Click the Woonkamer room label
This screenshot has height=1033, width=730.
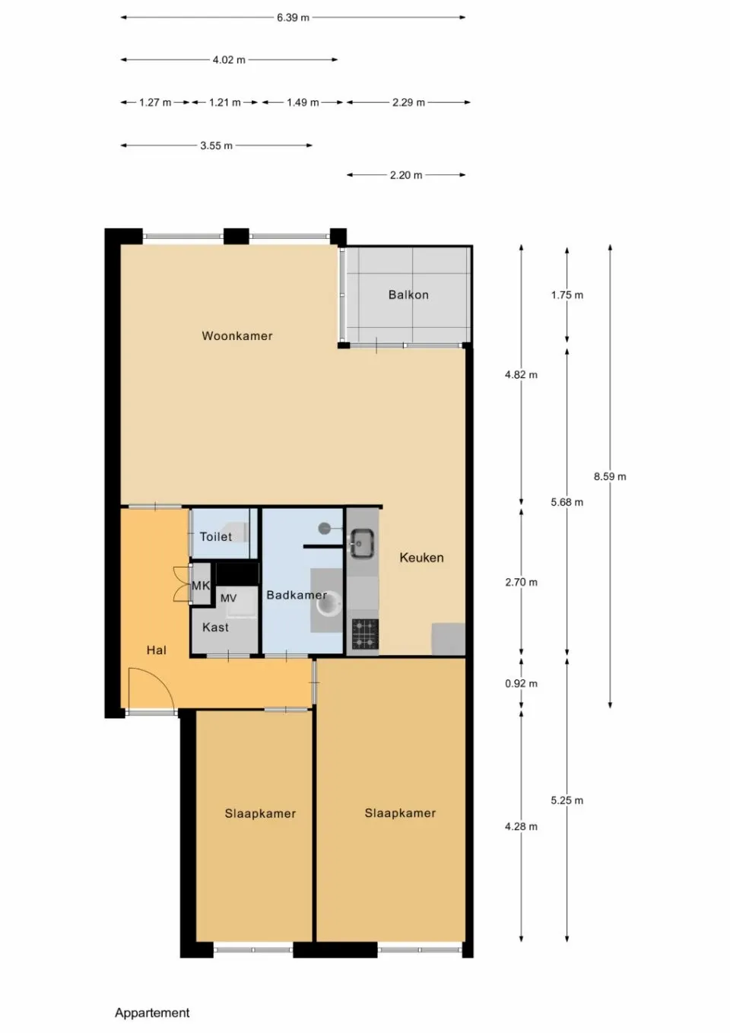[x=236, y=335]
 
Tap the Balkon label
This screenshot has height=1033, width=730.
[x=408, y=294]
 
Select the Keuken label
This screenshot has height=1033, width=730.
[x=421, y=558]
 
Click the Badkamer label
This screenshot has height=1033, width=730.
[x=296, y=595]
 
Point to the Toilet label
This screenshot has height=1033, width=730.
[x=216, y=536]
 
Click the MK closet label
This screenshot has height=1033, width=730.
[x=200, y=585]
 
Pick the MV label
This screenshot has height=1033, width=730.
[x=228, y=599]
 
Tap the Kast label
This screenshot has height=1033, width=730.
[x=215, y=628]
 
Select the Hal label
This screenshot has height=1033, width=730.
[x=156, y=650]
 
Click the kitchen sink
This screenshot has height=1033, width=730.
[x=362, y=542]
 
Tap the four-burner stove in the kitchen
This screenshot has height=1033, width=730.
[x=364, y=634]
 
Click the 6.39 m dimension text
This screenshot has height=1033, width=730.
[x=293, y=17]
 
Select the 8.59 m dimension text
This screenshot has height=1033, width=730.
[x=610, y=476]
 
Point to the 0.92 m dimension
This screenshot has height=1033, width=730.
[x=521, y=683]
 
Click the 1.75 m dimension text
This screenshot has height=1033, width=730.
[x=567, y=295]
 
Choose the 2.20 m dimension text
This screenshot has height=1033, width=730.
[x=406, y=175]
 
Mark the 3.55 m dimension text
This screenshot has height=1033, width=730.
[x=217, y=145]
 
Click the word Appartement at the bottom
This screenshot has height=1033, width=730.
[x=152, y=1012]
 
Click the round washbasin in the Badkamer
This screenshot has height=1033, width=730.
[x=327, y=605]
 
